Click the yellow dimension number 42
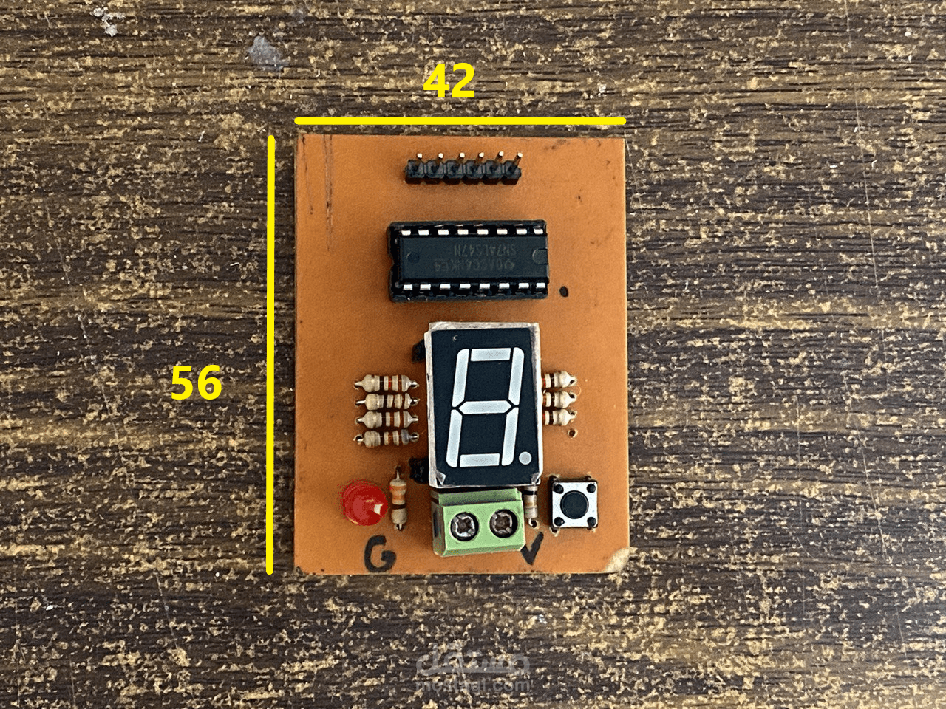(x=449, y=81)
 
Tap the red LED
(x=362, y=504)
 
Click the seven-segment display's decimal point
(x=525, y=458)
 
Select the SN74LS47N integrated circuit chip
(x=467, y=260)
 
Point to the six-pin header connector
(x=462, y=170)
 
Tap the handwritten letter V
(x=532, y=550)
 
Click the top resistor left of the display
(x=385, y=383)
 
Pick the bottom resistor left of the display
(x=385, y=439)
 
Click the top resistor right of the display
(x=558, y=380)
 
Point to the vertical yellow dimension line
(x=270, y=354)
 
